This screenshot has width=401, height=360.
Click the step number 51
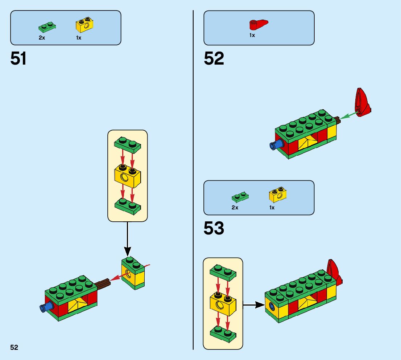pos(18,59)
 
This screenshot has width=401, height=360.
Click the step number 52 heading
pos(214,59)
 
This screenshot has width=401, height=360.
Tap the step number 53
pos(214,229)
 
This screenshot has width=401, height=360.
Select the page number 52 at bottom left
pos(14,347)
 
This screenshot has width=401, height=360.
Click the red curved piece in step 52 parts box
pos(258,25)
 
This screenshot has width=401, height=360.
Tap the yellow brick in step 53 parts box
pos(278,195)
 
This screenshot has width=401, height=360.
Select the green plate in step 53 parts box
pos(240,197)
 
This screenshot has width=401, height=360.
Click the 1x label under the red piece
pos(252,35)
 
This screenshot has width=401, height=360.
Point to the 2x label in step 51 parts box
pos(42,37)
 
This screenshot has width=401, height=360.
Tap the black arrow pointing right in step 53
pos(254,305)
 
